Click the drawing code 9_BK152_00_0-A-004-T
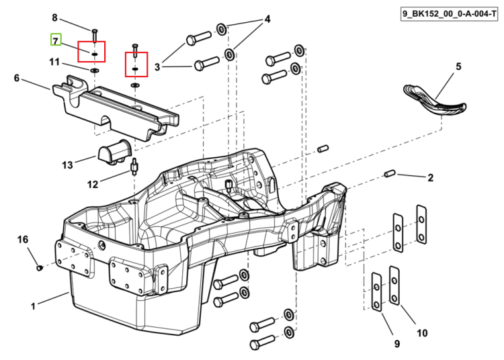(450, 14)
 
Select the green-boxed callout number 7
(56, 41)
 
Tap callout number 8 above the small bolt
(54, 17)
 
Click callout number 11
(54, 61)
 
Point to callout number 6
(17, 78)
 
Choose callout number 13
(67, 165)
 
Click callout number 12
(93, 184)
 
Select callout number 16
(23, 239)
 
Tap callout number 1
(33, 306)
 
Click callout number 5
(458, 66)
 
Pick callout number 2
(430, 177)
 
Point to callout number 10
(423, 333)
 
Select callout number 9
(397, 344)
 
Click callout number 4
(267, 19)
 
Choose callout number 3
(157, 67)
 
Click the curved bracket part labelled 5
(434, 103)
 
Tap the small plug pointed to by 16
(40, 267)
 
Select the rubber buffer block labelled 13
(112, 152)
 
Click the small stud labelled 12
(134, 167)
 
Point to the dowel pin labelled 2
(390, 174)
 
